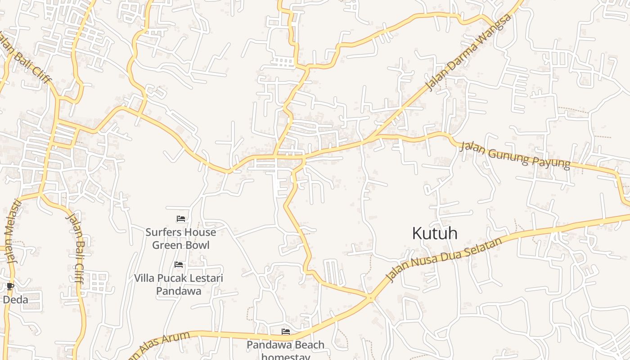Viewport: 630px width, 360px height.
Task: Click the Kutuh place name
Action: (435, 233)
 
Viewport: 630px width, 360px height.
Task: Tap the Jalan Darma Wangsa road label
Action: (469, 52)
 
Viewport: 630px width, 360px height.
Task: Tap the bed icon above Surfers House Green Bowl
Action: (181, 219)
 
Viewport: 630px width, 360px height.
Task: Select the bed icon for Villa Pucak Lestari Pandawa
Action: (179, 265)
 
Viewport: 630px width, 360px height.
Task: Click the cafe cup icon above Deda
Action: (10, 286)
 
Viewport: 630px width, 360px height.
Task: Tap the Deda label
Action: (16, 300)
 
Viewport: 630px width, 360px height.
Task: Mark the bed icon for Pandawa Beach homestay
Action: (286, 332)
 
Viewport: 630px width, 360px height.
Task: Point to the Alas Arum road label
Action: (157, 345)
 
